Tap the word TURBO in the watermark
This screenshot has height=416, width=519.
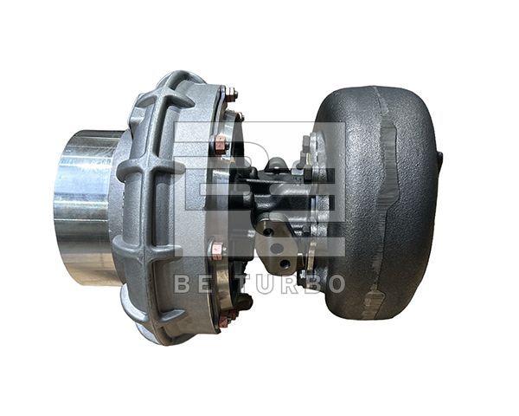point(285,283)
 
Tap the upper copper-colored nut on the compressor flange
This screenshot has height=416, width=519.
point(221,143)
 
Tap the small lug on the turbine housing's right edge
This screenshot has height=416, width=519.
point(439,160)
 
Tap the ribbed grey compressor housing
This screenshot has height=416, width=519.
point(156,208)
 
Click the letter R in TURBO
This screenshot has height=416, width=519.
point(285,283)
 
